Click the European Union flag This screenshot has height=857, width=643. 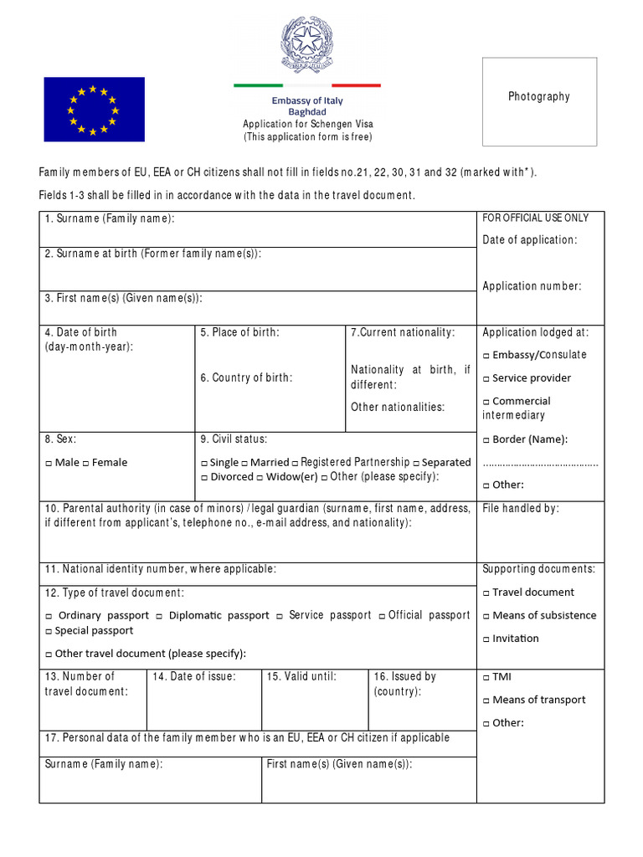[94, 109]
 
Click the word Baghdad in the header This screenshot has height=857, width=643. [307, 112]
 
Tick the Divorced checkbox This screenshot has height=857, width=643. [205, 477]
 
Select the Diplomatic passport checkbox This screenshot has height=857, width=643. [162, 616]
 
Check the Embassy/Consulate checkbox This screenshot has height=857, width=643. [486, 355]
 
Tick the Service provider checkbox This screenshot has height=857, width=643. [486, 378]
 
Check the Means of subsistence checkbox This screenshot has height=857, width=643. [486, 616]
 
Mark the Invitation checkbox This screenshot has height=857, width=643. [486, 639]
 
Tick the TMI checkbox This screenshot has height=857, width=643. [486, 677]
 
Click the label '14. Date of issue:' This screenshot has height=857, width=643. [194, 676]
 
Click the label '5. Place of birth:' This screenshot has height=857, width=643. [239, 332]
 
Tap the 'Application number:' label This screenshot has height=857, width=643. [532, 286]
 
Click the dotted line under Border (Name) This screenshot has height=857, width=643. [541, 463]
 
